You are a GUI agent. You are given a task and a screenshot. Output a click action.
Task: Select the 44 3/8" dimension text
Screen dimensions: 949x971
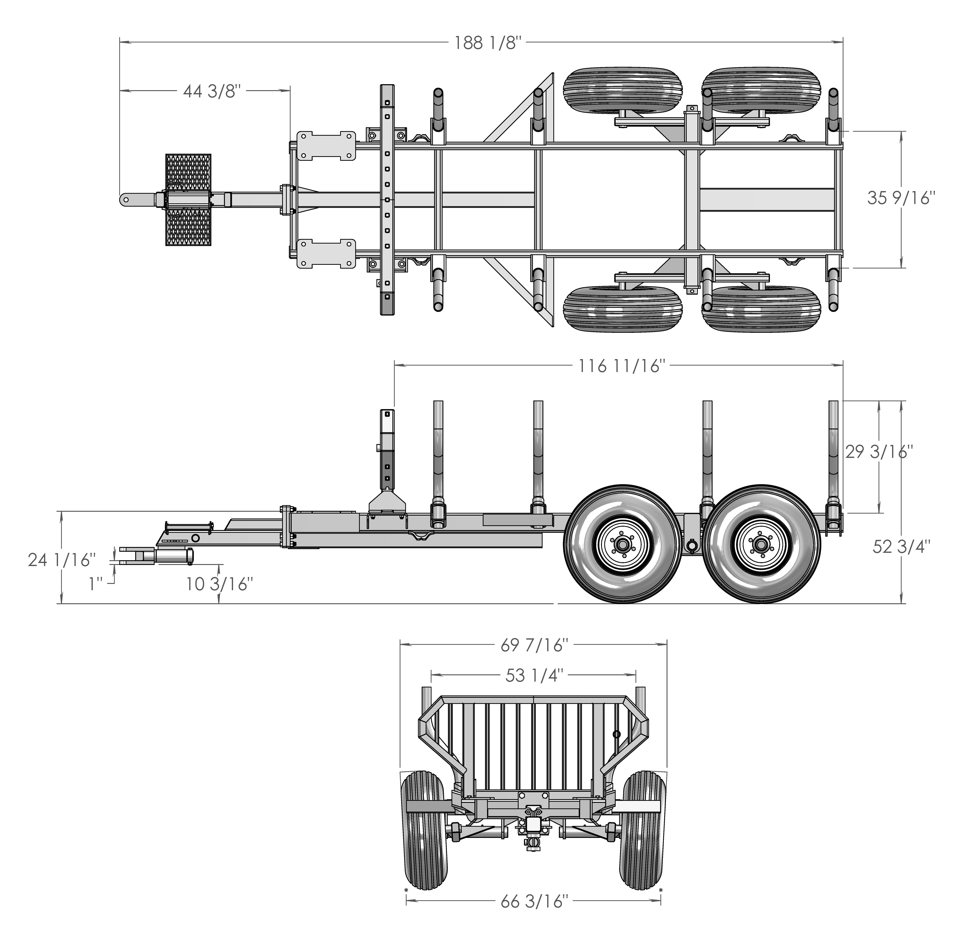pos(212,91)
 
